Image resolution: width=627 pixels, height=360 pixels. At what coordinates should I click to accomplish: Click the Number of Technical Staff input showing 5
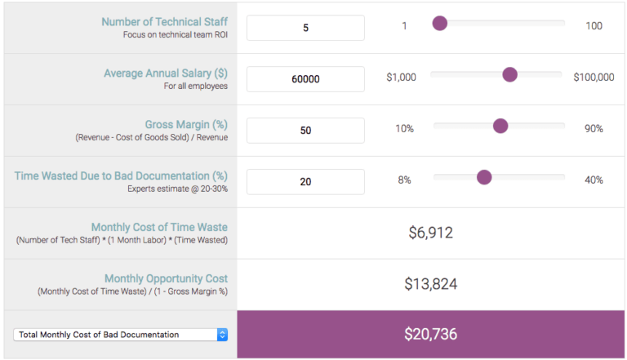[305, 27]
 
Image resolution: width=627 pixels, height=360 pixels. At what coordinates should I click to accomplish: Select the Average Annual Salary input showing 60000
[305, 79]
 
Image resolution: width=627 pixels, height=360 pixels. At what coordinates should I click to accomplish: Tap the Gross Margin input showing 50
[305, 131]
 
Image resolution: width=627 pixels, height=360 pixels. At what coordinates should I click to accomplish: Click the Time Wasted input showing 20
[305, 182]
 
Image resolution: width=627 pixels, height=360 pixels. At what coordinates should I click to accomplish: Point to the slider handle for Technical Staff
[440, 24]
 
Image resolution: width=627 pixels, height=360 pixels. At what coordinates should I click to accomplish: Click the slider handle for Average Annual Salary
[510, 75]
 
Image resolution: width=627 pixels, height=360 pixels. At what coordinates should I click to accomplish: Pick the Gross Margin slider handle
[500, 126]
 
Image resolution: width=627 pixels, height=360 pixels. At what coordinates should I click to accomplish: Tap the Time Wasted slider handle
[484, 177]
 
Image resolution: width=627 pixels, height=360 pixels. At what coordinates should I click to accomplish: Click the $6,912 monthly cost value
[431, 233]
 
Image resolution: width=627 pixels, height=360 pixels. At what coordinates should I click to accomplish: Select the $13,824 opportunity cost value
[431, 284]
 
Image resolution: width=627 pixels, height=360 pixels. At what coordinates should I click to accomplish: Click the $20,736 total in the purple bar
[431, 334]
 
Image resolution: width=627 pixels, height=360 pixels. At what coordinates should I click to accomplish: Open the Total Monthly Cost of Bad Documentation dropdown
[120, 334]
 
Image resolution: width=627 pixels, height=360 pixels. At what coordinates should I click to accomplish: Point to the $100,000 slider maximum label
[594, 78]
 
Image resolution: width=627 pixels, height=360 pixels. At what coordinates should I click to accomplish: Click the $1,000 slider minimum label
[401, 78]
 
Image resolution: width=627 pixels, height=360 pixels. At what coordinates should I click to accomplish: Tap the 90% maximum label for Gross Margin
[594, 129]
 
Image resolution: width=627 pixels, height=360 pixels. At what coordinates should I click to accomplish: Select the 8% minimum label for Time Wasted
[404, 180]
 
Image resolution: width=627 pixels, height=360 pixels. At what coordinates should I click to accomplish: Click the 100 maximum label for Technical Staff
[594, 26]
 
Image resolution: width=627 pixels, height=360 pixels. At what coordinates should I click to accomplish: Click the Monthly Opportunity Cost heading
[166, 278]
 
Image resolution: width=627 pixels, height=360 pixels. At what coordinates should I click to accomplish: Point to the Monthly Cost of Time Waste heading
[159, 227]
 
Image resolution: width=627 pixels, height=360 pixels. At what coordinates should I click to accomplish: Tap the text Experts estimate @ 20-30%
[177, 189]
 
